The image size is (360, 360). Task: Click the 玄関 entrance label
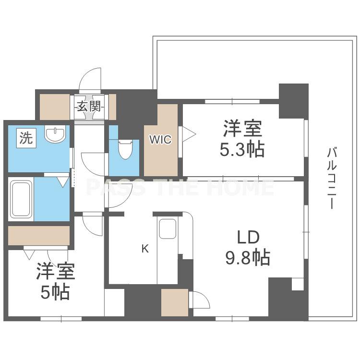[89, 106]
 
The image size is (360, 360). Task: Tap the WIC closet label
[160, 139]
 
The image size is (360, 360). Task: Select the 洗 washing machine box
[26, 138]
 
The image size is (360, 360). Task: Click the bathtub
[21, 199]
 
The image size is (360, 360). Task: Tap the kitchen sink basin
[168, 228]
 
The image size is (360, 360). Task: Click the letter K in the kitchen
[145, 248]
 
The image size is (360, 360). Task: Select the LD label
[248, 237]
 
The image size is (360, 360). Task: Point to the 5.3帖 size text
[242, 149]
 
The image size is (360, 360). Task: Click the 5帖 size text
[55, 292]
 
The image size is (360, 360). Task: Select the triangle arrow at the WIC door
[189, 134]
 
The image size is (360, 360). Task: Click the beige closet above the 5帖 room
[39, 235]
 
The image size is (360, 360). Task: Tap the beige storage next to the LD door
[175, 302]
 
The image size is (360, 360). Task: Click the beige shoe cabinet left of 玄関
[55, 107]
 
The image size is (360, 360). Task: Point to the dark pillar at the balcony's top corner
[294, 101]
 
